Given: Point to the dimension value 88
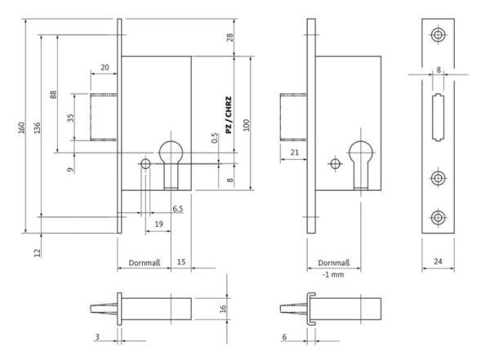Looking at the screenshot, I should coord(54,94).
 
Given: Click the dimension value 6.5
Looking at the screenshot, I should coord(177,210).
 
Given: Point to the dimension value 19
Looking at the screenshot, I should coord(158,223).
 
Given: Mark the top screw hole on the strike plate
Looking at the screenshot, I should coord(439,34).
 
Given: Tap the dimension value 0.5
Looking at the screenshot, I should coord(215,140).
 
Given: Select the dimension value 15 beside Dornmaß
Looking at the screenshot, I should coord(181,263).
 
